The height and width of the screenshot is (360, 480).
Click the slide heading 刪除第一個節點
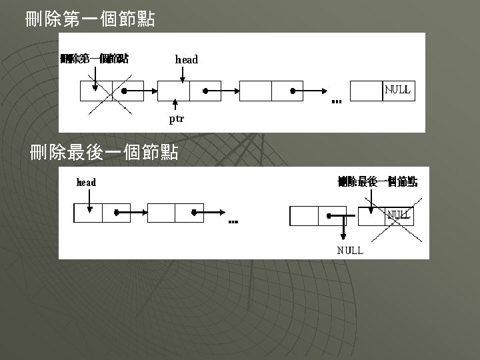(x=89, y=19)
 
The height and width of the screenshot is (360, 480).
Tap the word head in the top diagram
(x=187, y=59)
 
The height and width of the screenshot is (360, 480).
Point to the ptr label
(x=176, y=119)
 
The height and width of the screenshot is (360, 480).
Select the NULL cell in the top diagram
(x=398, y=90)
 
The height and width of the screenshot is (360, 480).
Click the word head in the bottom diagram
(x=87, y=182)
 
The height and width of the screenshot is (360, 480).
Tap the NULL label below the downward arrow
(x=350, y=250)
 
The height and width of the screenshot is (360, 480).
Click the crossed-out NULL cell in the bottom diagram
(x=399, y=215)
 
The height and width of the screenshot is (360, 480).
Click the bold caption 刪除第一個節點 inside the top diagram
(x=95, y=59)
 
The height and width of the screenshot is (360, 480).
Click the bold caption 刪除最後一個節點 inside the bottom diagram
(x=377, y=181)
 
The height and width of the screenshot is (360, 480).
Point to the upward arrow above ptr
(x=175, y=105)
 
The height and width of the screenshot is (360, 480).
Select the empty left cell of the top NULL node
(x=366, y=90)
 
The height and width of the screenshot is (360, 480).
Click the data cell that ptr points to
(x=173, y=90)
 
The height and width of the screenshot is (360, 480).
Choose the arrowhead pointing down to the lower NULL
(x=343, y=235)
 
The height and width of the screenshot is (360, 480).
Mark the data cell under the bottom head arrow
(x=87, y=213)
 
